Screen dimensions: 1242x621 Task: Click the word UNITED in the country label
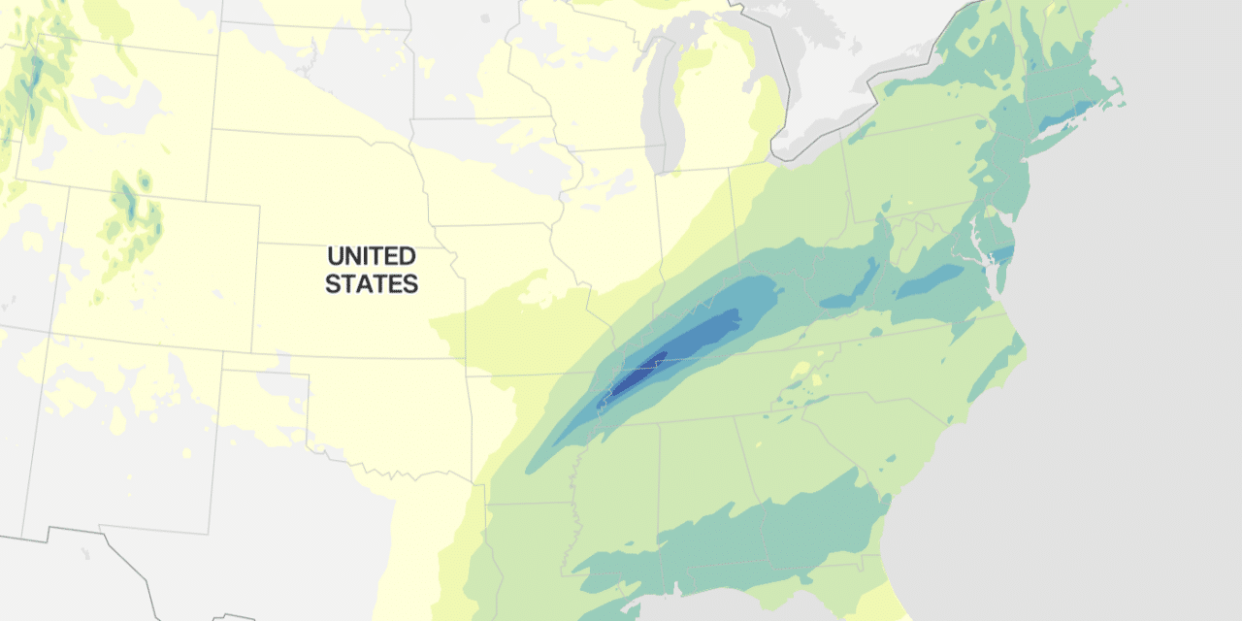(x=372, y=257)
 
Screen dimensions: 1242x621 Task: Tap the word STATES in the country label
(x=372, y=284)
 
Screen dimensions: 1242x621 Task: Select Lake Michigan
(x=665, y=97)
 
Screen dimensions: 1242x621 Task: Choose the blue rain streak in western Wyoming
(x=33, y=73)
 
